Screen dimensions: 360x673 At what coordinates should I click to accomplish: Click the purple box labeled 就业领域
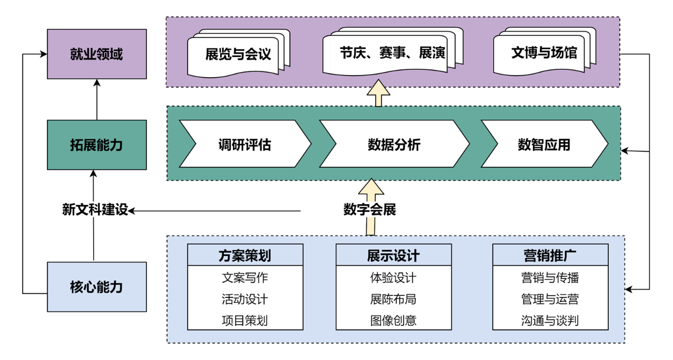point(97,54)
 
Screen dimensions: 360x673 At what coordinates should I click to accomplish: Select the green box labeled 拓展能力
point(97,145)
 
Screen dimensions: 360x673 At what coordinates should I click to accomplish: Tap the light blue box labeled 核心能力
point(97,287)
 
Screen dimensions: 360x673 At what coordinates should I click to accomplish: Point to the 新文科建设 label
point(95,209)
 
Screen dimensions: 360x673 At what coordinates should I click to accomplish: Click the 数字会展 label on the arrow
point(370,209)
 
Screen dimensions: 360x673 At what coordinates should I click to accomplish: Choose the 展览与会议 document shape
point(238,54)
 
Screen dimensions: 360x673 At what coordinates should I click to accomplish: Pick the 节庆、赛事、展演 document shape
point(392,53)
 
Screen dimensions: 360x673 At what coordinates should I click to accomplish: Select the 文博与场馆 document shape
point(543,53)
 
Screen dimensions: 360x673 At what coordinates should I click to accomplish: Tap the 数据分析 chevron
point(394,145)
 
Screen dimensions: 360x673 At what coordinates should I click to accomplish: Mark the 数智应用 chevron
point(544,145)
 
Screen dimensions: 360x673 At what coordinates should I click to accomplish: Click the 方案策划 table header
point(245,255)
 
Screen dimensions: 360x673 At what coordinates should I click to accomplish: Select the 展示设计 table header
point(393,255)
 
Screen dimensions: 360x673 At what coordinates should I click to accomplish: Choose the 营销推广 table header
point(550,255)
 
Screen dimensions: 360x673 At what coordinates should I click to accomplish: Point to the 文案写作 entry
point(245,278)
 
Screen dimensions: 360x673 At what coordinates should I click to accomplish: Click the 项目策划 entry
point(245,320)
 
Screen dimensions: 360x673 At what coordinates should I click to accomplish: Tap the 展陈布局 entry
point(393,299)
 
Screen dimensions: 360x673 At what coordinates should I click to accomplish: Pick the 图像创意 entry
point(393,320)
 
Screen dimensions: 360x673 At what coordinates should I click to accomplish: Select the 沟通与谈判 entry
point(550,320)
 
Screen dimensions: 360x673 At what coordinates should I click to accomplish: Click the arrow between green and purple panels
point(378,94)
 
